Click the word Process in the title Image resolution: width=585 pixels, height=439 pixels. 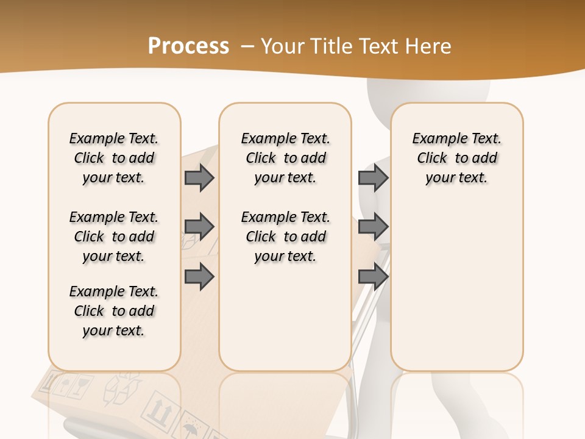(188, 46)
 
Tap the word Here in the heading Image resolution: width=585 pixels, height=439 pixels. (428, 46)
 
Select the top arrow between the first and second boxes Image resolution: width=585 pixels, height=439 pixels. (199, 177)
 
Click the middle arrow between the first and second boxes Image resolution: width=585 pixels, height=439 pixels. (199, 227)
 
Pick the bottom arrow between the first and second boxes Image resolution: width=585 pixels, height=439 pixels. (199, 277)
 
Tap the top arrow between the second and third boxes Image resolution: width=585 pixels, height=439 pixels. (373, 177)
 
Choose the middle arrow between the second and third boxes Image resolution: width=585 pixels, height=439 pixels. (373, 227)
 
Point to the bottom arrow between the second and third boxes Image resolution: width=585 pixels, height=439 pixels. (373, 277)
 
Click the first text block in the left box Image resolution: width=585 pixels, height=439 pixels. (114, 158)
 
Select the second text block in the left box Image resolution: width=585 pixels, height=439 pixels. (114, 237)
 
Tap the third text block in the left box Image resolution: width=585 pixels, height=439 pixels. (114, 311)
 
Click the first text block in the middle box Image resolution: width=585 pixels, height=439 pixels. (285, 158)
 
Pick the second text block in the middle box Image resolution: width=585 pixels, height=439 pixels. (285, 237)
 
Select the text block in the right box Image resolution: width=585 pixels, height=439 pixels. (456, 158)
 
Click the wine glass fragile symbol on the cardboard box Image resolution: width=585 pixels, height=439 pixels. (79, 385)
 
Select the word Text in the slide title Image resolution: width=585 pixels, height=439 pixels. (378, 46)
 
